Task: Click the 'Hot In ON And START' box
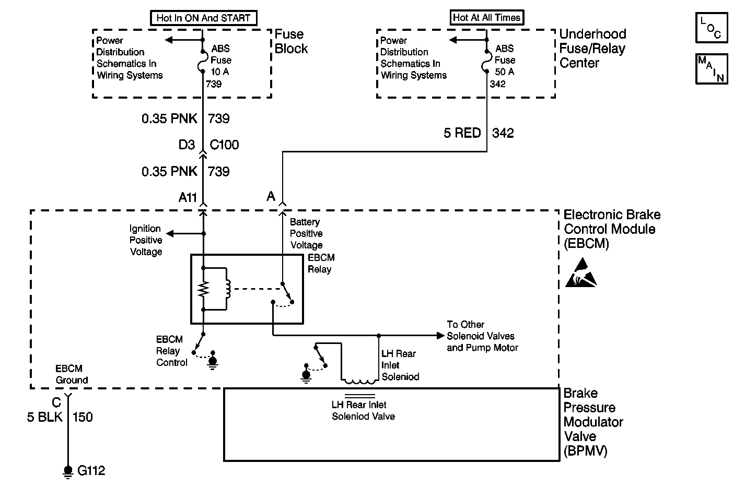point(204,18)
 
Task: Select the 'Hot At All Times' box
point(487,18)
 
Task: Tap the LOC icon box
point(712,28)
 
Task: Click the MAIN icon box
point(712,69)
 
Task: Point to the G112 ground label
point(91,470)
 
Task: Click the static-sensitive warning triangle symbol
point(581,273)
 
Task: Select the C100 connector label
point(224,145)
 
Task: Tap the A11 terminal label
point(188,198)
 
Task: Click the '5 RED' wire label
point(462,133)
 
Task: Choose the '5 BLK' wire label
point(44,417)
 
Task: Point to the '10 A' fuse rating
point(220,72)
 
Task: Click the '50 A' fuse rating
point(505,72)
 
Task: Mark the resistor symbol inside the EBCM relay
point(203,289)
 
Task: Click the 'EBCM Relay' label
point(321,264)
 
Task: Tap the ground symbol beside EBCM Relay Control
point(213,360)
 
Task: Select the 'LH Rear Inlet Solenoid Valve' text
point(363,411)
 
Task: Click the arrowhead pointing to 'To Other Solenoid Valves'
point(441,336)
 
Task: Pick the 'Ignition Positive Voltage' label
point(146,240)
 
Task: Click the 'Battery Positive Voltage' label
point(306,233)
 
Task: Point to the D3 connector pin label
point(187,145)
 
